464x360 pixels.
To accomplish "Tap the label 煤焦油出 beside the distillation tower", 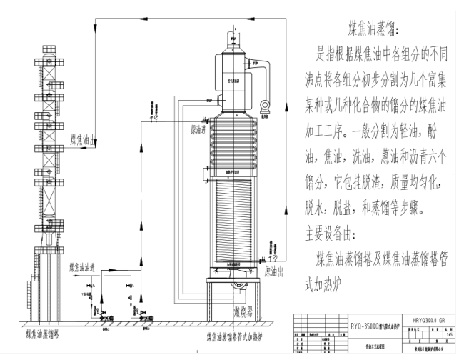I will tap(87, 139).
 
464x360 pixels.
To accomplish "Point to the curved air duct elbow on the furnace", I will tap(266, 71).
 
